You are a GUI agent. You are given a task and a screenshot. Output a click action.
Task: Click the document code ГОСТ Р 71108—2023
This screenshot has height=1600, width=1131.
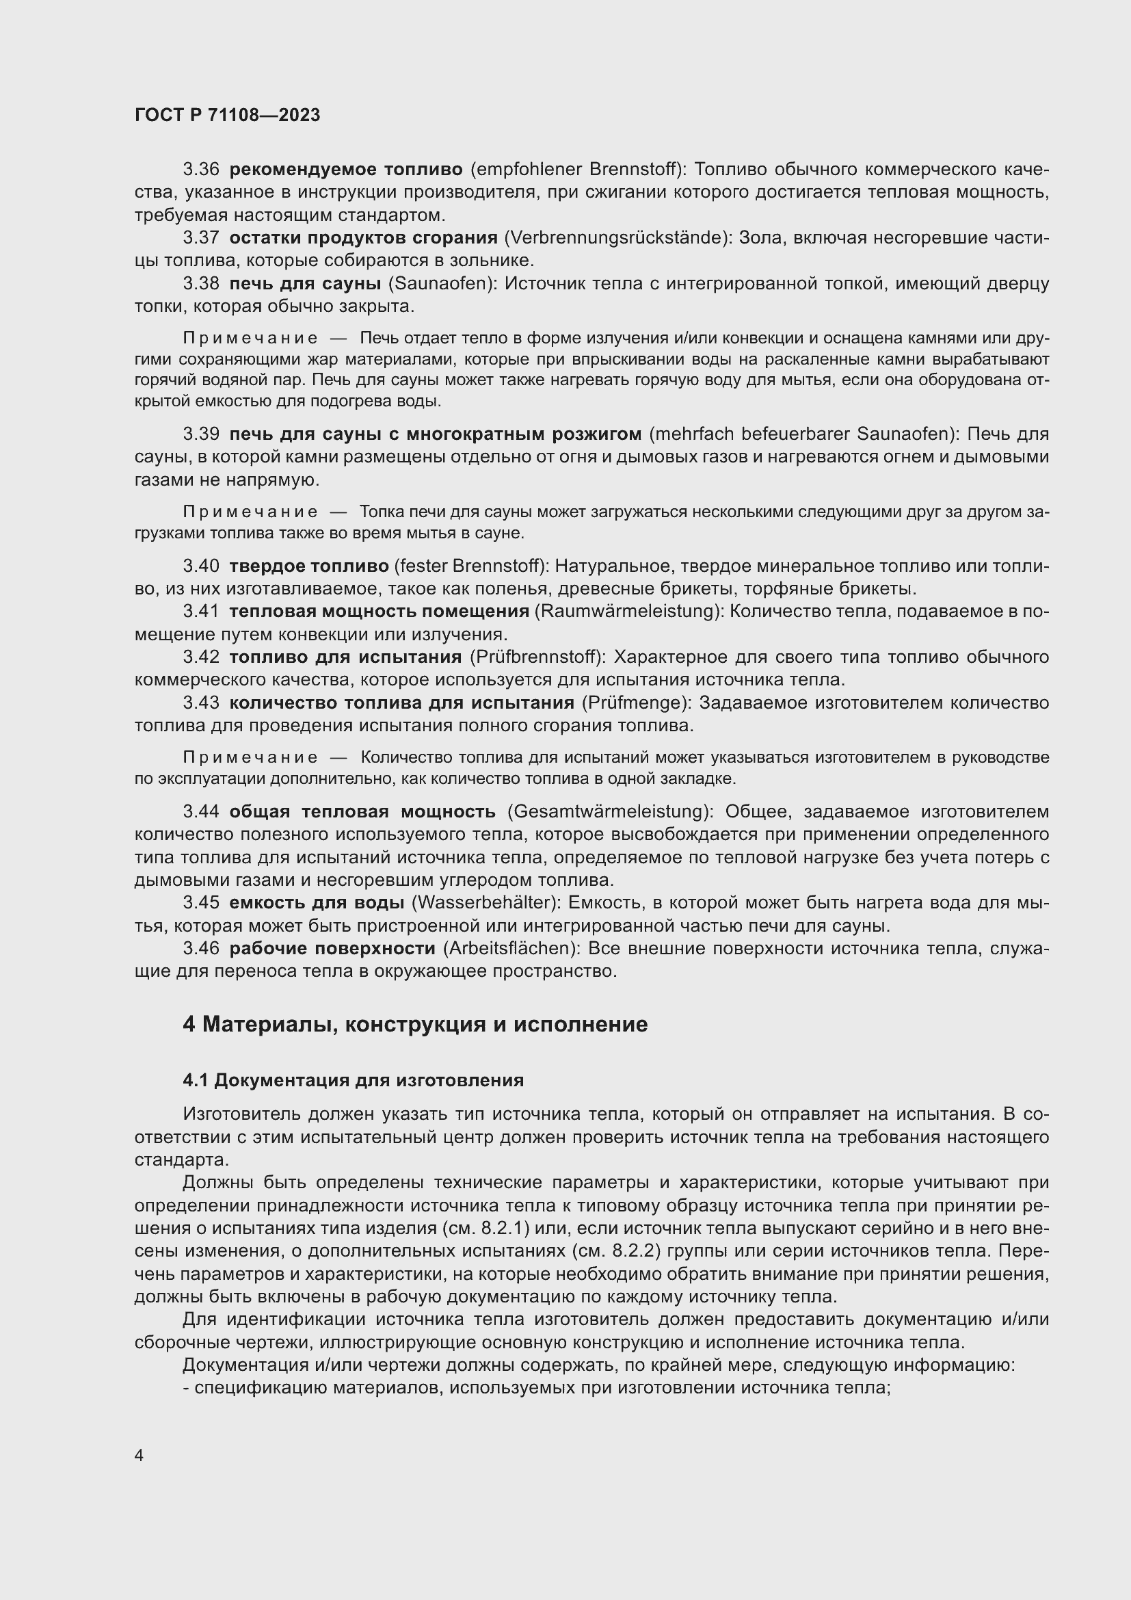pyautogui.click(x=227, y=116)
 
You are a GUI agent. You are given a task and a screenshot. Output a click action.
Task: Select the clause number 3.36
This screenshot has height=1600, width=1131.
pyautogui.click(x=201, y=170)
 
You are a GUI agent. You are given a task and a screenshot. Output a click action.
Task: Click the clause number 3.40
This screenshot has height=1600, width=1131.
pyautogui.click(x=201, y=566)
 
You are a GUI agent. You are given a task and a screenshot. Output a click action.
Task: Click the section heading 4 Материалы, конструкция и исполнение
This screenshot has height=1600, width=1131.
pyautogui.click(x=415, y=1025)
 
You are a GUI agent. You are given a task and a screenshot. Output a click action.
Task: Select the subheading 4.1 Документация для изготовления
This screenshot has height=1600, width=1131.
pyautogui.click(x=353, y=1081)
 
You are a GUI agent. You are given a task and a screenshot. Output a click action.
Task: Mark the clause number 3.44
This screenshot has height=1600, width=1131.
pyautogui.click(x=201, y=812)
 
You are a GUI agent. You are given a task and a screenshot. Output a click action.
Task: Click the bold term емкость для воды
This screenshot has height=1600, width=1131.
pyautogui.click(x=317, y=903)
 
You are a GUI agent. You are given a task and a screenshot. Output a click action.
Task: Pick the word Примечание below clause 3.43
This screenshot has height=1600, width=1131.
pyautogui.click(x=250, y=757)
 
